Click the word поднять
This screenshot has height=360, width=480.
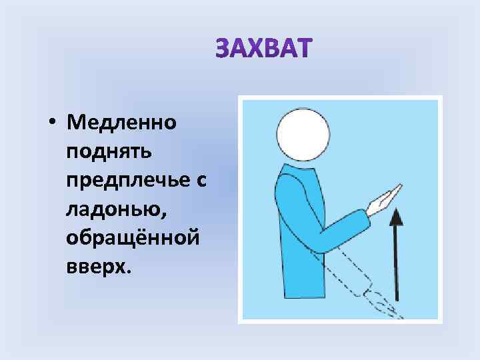pos(109,151)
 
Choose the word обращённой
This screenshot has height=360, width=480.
pos(132,237)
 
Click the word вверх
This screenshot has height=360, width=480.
pos(99,267)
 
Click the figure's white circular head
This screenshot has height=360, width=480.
pos(303,134)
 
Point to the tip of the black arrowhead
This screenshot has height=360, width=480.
pos(397,209)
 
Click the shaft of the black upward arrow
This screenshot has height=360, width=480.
pos(397,267)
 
